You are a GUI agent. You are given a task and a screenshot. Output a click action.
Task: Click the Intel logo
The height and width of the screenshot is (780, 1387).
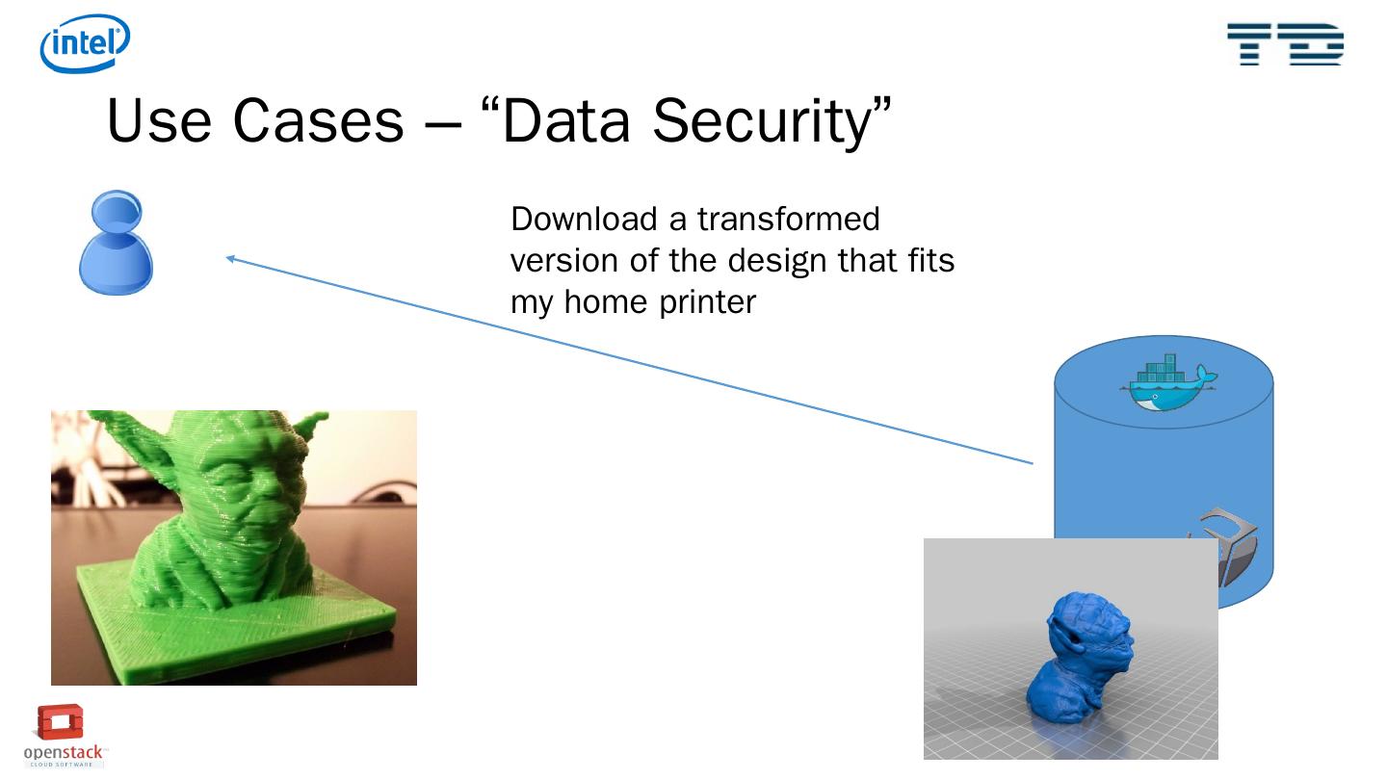tap(85, 43)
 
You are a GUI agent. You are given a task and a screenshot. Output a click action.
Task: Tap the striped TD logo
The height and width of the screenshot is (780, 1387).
tap(1285, 44)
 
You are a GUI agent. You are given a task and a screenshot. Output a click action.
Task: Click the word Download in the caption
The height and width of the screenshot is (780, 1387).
tap(584, 219)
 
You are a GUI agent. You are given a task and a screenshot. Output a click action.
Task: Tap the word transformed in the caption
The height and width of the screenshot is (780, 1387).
tap(789, 219)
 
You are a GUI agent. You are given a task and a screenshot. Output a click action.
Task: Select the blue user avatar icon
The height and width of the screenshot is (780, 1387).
tap(116, 242)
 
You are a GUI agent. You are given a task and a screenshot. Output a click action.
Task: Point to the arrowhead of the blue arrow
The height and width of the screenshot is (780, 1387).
tap(231, 257)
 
